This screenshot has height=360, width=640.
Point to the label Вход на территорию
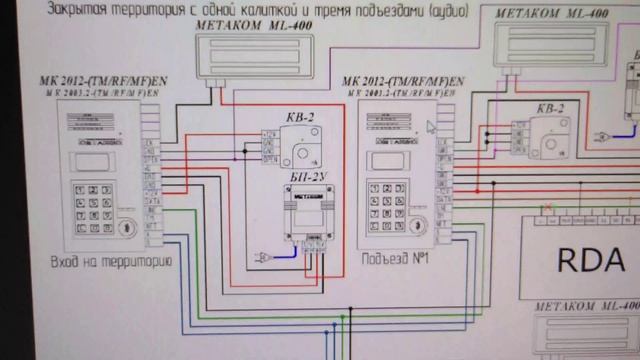(x=111, y=262)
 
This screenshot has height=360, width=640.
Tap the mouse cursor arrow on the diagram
(x=432, y=127)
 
